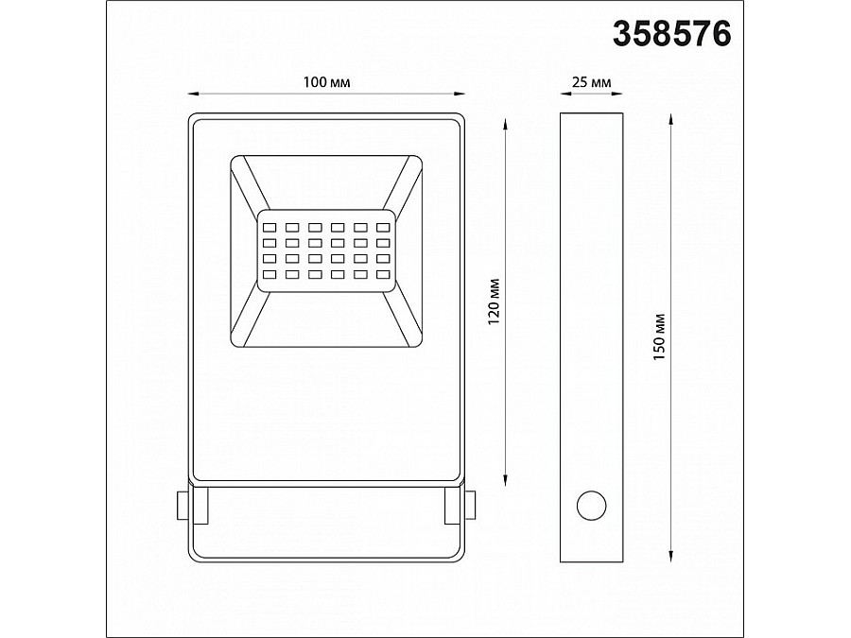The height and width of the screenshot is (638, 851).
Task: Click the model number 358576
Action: [672, 33]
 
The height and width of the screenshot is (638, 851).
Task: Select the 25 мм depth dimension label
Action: [592, 83]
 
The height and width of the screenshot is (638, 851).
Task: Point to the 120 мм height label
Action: [493, 302]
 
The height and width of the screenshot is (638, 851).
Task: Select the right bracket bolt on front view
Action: [470, 505]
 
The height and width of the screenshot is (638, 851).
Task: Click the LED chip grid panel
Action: [326, 250]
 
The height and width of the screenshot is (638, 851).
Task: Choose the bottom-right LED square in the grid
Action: [383, 275]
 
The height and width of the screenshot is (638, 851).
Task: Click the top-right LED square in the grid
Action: [383, 227]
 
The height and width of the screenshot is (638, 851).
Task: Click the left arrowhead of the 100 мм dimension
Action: [189, 94]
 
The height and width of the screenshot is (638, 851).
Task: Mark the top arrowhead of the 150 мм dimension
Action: [671, 120]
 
